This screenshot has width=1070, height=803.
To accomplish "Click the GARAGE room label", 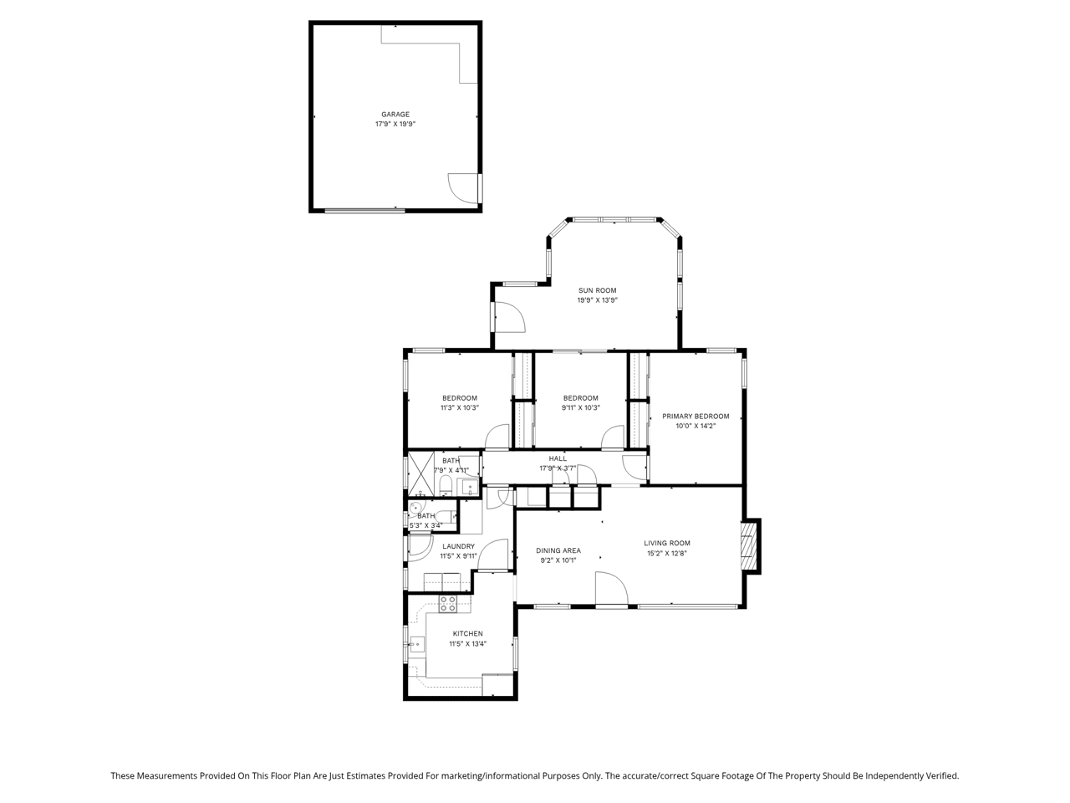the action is click(x=395, y=115).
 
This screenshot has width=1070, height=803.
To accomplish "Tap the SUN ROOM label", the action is click(x=597, y=290).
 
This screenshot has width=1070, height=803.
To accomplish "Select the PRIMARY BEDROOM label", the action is click(x=695, y=417).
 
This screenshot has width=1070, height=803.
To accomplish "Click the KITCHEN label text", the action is click(x=467, y=634).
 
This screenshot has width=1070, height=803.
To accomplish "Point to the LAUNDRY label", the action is click(x=458, y=546).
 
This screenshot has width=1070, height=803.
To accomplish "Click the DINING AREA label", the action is click(x=558, y=551).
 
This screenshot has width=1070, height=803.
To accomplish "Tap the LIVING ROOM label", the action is click(x=667, y=543).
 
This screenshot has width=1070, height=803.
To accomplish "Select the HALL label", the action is click(x=558, y=458).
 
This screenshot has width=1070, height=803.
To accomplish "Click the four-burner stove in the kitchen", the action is click(x=447, y=604).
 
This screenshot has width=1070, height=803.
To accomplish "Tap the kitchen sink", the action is click(x=417, y=644).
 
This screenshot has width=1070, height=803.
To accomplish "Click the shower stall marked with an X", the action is click(x=420, y=474).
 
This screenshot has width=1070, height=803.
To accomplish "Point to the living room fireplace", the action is click(x=750, y=546).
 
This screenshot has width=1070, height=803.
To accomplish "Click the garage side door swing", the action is click(x=463, y=188).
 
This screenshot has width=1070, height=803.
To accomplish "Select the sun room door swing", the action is click(x=510, y=317).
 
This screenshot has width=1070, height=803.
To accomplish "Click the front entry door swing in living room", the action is click(x=611, y=589).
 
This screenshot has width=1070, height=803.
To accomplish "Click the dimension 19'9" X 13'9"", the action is click(x=597, y=300).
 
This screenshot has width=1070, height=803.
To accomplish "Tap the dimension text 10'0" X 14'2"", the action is click(x=695, y=426).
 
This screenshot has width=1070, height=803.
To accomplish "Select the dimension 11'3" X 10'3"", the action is click(x=460, y=408).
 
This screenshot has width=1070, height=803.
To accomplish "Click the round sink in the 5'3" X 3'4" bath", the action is click(x=415, y=507).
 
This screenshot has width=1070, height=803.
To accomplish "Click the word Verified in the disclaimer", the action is click(x=945, y=775).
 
